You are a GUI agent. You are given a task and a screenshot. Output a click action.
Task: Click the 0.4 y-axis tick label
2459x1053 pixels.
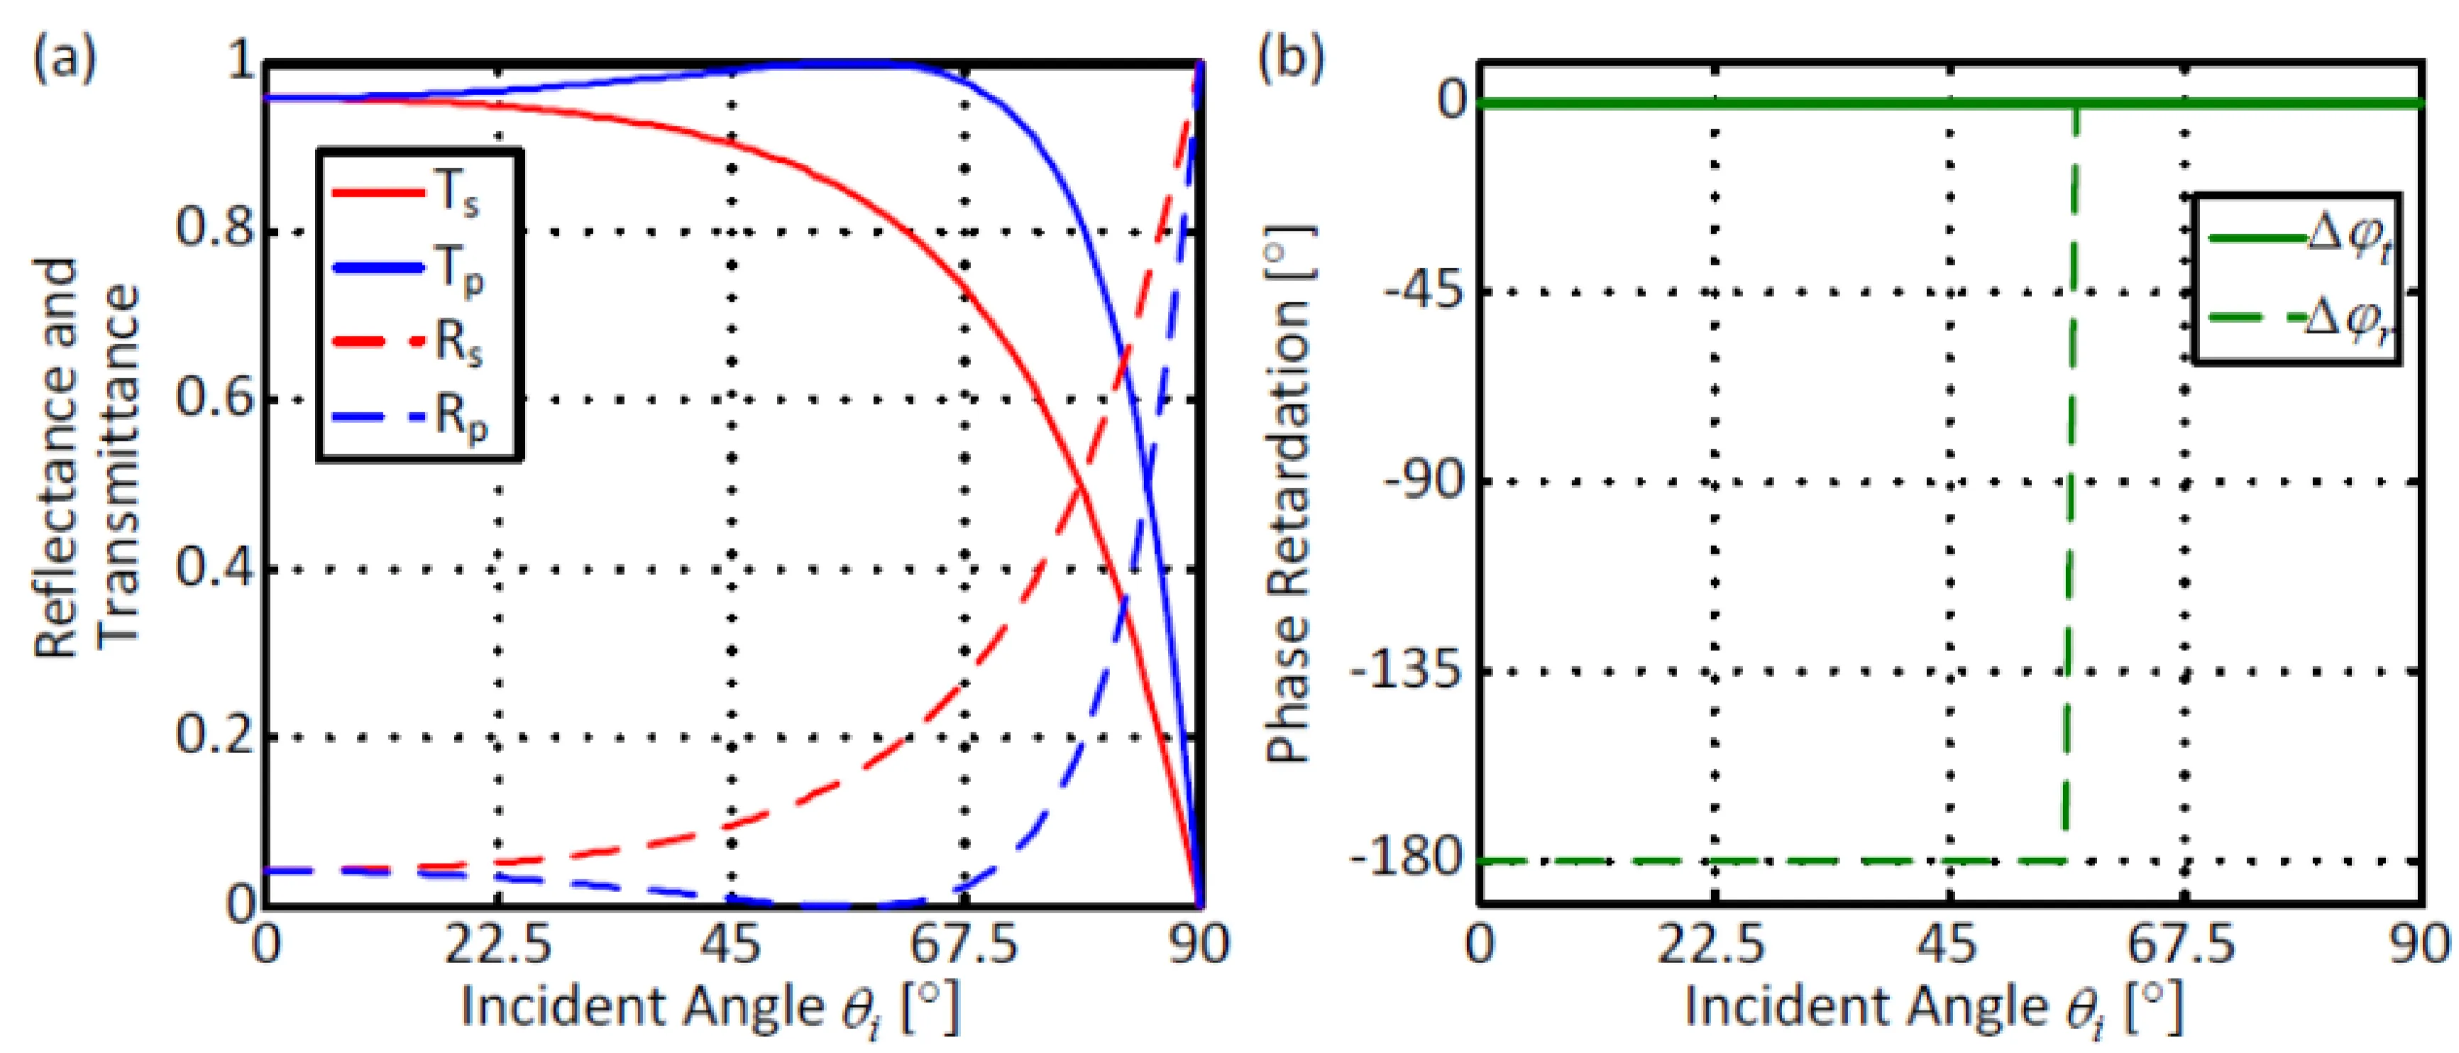216,569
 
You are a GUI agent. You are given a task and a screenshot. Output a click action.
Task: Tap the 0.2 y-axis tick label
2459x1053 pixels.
216,737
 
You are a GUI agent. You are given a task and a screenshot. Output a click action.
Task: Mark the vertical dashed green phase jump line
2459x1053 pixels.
2069,478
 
